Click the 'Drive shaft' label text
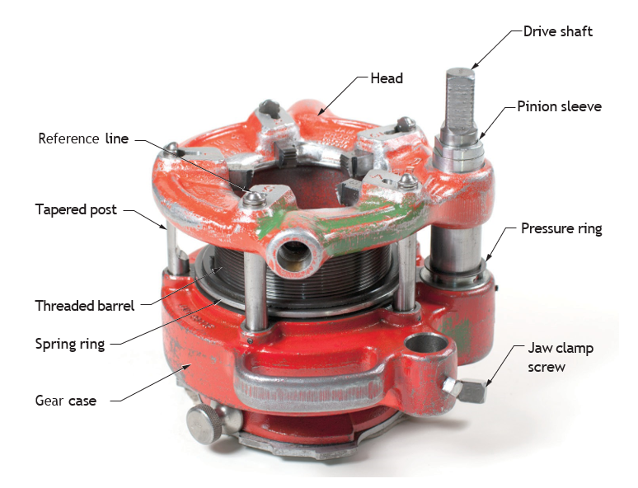pyautogui.click(x=557, y=32)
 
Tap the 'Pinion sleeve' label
pyautogui.click(x=559, y=106)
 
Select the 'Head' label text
pyautogui.click(x=387, y=78)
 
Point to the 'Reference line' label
pyautogui.click(x=83, y=138)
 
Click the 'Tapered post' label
pyautogui.click(x=76, y=210)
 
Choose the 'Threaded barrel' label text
pyautogui.click(x=85, y=306)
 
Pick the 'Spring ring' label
pyautogui.click(x=70, y=345)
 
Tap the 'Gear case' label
pyautogui.click(x=66, y=401)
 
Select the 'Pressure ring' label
pyautogui.click(x=561, y=228)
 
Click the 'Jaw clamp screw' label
pyautogui.click(x=561, y=358)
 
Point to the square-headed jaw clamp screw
pyautogui.click(x=467, y=390)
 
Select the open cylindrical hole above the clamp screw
pyautogui.click(x=426, y=344)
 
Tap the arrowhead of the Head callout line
pyautogui.click(x=321, y=111)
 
